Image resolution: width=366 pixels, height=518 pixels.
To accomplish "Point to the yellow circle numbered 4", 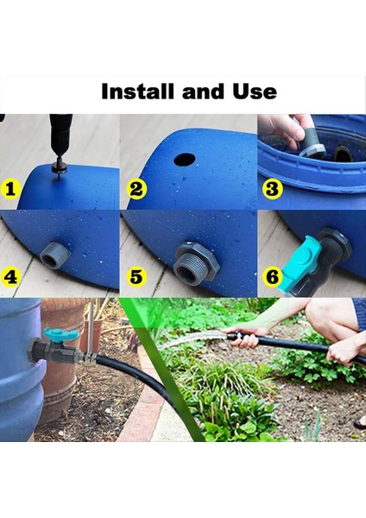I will pyautogui.click(x=11, y=277).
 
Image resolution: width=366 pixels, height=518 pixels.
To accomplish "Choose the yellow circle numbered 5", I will pyautogui.click(x=136, y=277).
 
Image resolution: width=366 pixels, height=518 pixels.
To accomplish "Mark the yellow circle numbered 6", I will pyautogui.click(x=271, y=277).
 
